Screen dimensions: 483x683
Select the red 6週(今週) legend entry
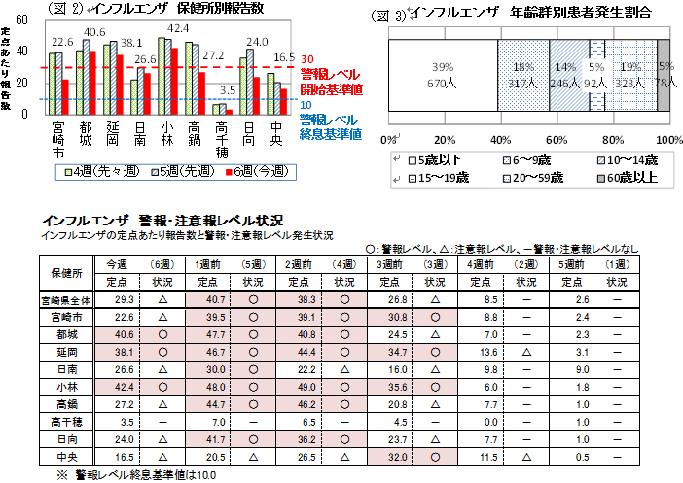click(263, 172)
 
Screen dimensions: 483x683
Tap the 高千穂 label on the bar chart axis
click(222, 139)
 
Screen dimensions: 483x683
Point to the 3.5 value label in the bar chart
click(228, 90)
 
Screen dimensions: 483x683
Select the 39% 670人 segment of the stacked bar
click(444, 75)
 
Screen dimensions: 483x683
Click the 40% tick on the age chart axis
click(499, 138)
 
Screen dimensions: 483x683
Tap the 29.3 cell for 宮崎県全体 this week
click(124, 299)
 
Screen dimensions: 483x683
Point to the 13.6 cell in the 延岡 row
click(490, 349)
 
